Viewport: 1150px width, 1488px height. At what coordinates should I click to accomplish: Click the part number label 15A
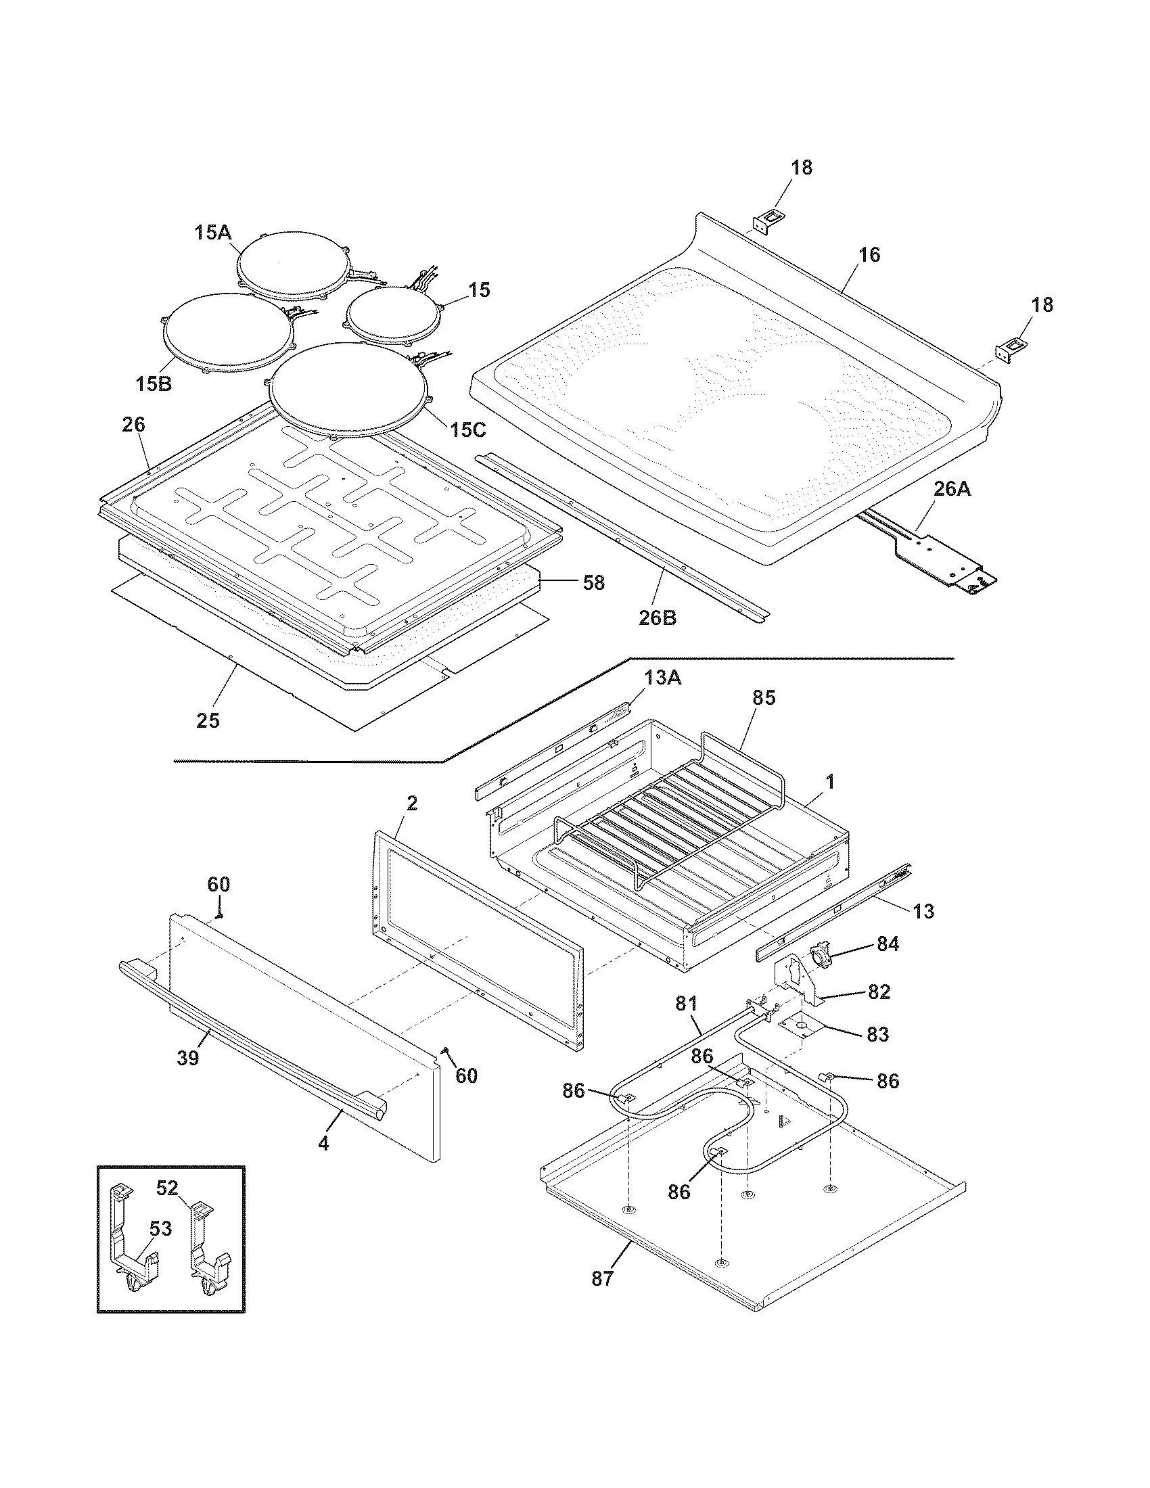(x=213, y=232)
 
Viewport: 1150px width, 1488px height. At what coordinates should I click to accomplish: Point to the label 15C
(x=467, y=429)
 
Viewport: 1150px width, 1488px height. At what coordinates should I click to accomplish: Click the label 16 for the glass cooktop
(x=869, y=254)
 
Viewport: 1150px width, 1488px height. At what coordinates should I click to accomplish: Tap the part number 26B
(x=658, y=618)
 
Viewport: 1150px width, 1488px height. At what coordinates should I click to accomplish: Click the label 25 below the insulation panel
(x=208, y=720)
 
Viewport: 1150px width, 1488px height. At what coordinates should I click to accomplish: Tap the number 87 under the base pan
(x=602, y=1279)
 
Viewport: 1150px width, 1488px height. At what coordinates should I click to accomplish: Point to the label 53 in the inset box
(x=161, y=1229)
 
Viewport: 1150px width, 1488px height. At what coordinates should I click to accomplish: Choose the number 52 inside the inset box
(x=167, y=1188)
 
